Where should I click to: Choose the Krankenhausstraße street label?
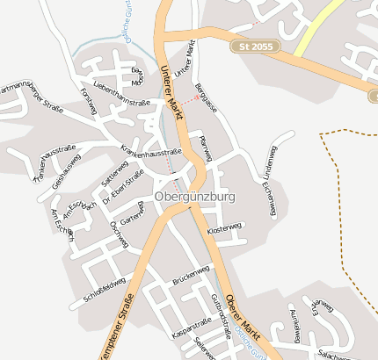(150, 150)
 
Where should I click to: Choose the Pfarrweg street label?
(207, 147)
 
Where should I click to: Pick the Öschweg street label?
(118, 235)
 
